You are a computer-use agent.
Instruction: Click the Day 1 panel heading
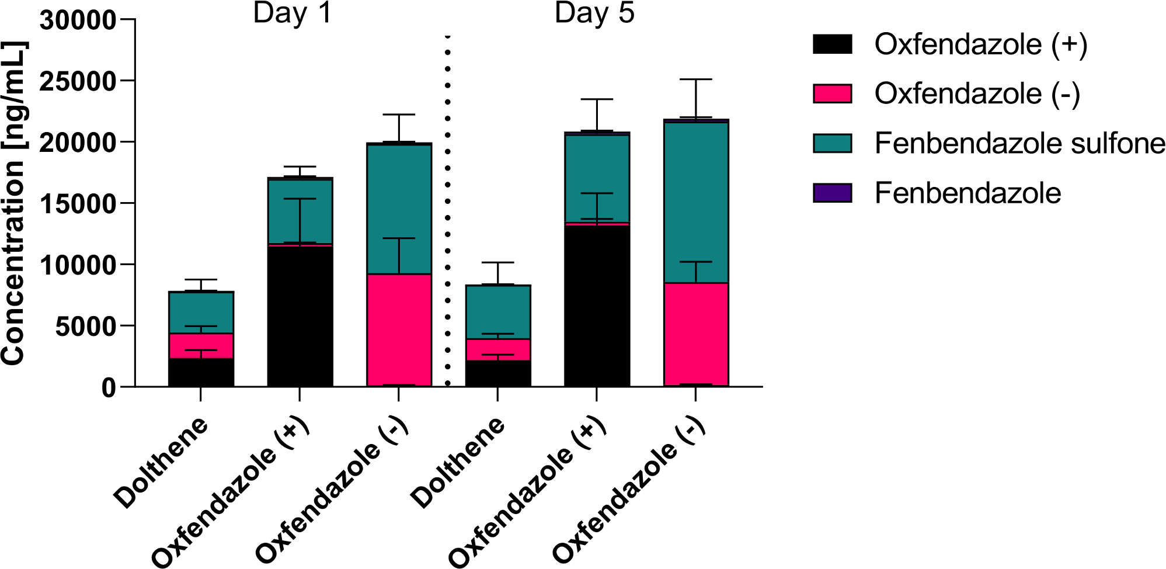point(293,13)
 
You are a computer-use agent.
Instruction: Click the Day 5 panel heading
point(594,13)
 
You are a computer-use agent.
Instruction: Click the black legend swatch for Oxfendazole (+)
point(832,44)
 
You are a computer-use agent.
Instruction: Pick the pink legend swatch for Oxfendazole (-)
point(832,93)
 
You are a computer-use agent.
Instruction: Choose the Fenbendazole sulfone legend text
point(1019,144)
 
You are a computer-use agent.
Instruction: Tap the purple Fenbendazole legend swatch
point(832,193)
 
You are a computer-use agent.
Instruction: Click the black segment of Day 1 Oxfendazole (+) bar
point(300,315)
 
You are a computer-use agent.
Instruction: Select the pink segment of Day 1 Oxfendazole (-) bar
point(399,330)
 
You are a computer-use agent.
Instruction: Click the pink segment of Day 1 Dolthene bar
point(201,346)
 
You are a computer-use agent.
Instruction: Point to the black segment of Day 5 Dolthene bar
point(497,374)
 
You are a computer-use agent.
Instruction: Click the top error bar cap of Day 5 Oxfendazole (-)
point(696,79)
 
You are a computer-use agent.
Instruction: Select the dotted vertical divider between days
point(448,210)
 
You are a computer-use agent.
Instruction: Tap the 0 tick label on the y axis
point(109,387)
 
